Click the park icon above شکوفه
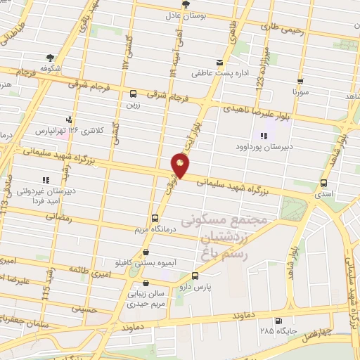point(50,58)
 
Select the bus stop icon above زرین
point(134,94)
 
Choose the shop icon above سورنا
point(300,81)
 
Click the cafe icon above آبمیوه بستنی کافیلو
point(146,252)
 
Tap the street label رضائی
point(59,219)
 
